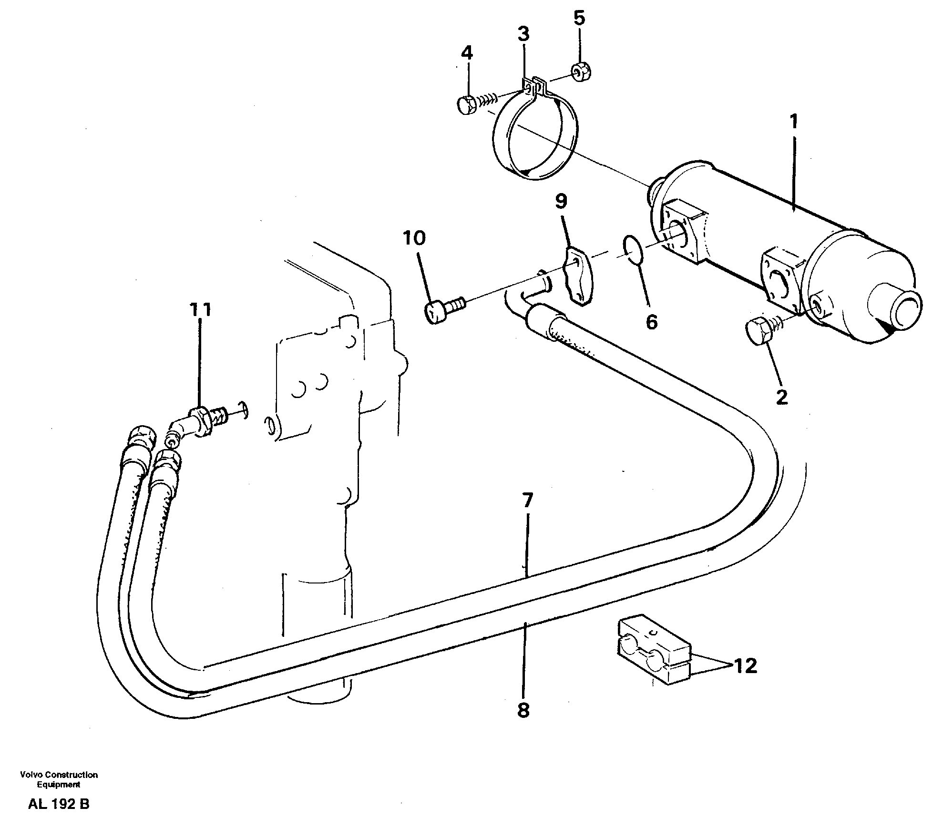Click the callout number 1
(794, 122)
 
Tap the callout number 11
(200, 310)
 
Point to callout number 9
(561, 202)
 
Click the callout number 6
(651, 322)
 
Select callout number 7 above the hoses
(527, 501)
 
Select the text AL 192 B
(59, 804)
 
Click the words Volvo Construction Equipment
(59, 779)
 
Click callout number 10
(414, 238)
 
